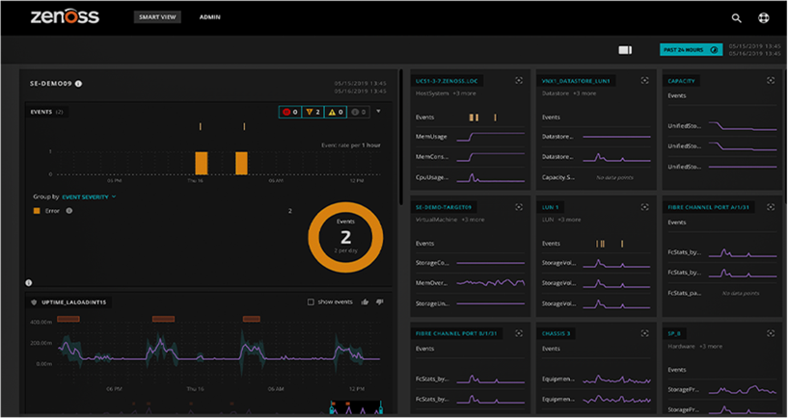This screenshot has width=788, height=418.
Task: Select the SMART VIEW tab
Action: [157, 17]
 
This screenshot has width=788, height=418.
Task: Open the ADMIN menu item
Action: [209, 17]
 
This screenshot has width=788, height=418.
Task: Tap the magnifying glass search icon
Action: [736, 17]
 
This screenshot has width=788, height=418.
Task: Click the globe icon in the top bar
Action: [763, 17]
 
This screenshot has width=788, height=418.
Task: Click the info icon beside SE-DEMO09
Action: [79, 84]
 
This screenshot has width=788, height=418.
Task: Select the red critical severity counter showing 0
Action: [289, 112]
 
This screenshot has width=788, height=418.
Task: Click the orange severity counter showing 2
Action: [312, 112]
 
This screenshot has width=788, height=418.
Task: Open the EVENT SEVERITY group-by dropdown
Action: [89, 196]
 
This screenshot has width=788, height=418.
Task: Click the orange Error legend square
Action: [37, 210]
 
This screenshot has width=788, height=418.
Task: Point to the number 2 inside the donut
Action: [345, 236]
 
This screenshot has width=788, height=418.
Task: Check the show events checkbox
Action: [311, 301]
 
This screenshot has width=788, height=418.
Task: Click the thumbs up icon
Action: [365, 301]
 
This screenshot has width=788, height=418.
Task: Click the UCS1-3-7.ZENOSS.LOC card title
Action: [445, 81]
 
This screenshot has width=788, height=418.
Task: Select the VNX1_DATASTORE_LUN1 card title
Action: [576, 81]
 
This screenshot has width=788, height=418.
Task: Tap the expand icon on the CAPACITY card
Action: [771, 81]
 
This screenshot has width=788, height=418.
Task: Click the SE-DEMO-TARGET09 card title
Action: [445, 207]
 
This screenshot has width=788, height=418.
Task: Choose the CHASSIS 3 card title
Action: [556, 333]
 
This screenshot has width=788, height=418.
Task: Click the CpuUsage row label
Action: [431, 177]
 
